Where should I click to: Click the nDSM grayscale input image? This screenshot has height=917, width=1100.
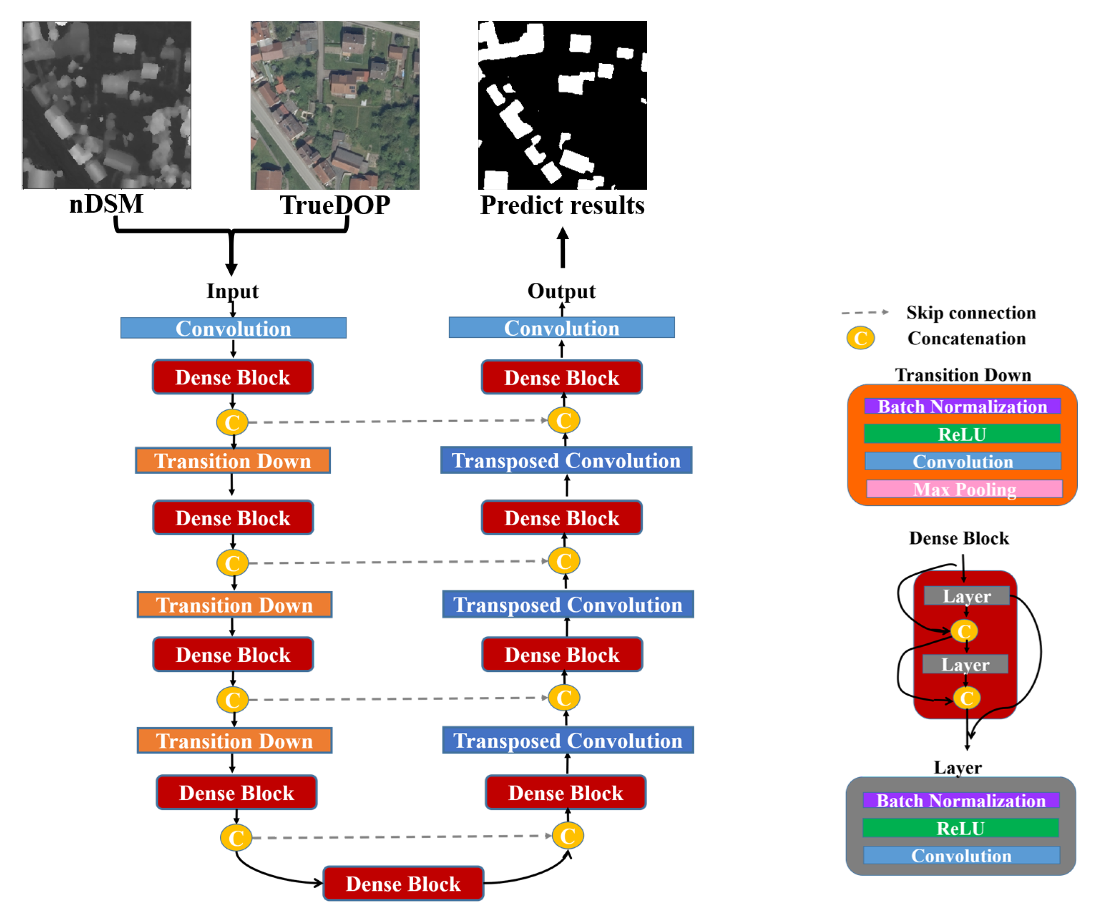click(106, 105)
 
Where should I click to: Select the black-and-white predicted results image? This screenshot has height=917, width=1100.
click(562, 105)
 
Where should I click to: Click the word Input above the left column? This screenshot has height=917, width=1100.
click(232, 291)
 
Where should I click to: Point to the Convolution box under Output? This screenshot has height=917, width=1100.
click(561, 328)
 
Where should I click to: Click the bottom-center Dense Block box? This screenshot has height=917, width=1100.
click(403, 884)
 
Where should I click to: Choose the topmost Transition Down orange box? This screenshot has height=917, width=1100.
click(233, 461)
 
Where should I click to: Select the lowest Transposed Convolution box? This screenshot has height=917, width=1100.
click(568, 741)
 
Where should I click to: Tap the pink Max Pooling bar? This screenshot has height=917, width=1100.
click(964, 489)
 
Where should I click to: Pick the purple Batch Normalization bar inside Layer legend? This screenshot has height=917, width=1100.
click(960, 801)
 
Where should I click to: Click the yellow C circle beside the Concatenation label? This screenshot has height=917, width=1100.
click(860, 338)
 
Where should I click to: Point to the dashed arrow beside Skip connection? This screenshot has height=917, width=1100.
click(864, 313)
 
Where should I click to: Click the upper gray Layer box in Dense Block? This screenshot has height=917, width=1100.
click(966, 596)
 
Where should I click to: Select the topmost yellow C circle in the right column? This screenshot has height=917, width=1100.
click(563, 421)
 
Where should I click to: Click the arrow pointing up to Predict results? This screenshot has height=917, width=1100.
click(563, 247)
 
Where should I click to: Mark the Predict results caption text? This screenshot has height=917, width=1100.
click(562, 205)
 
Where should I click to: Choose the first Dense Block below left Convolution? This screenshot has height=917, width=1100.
click(233, 377)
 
